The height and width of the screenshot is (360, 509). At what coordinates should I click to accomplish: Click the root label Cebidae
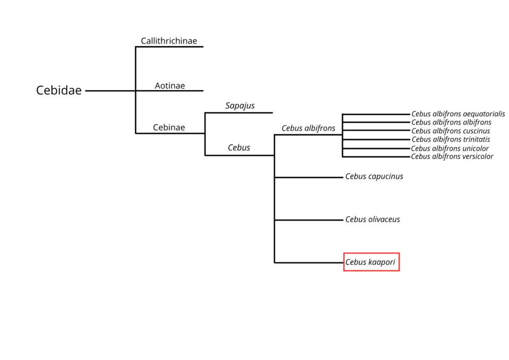[x=59, y=91]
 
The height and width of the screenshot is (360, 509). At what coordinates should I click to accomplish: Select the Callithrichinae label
[x=169, y=41]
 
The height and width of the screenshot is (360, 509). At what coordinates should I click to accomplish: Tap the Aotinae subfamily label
[x=170, y=85]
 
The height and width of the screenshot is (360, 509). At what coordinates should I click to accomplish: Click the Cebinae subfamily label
[x=169, y=128]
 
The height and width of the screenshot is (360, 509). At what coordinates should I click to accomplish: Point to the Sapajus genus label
[x=240, y=106]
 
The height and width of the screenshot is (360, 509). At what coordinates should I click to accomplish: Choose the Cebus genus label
[x=239, y=148]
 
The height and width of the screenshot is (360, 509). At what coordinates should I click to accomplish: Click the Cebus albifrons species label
[x=308, y=128]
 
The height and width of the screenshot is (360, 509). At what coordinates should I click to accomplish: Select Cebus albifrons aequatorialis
[x=458, y=114]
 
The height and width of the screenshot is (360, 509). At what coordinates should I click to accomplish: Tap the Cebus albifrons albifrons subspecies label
[x=451, y=122]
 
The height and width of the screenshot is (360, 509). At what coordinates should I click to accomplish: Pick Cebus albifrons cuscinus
[x=451, y=131]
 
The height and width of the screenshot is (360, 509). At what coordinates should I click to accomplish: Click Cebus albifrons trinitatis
[x=451, y=139]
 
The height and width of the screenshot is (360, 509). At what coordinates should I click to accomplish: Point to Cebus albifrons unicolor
[x=450, y=148]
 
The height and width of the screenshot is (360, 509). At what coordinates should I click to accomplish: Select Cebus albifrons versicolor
[x=452, y=156]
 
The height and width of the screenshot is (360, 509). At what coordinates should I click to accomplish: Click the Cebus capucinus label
[x=374, y=177]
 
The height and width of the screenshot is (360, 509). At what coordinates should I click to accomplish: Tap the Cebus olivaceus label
[x=372, y=219]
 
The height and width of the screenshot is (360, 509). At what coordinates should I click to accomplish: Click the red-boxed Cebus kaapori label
[x=371, y=262]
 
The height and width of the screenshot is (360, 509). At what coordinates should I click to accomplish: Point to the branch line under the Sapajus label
[x=239, y=112]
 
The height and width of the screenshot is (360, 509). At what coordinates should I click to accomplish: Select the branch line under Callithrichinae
[x=169, y=47]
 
